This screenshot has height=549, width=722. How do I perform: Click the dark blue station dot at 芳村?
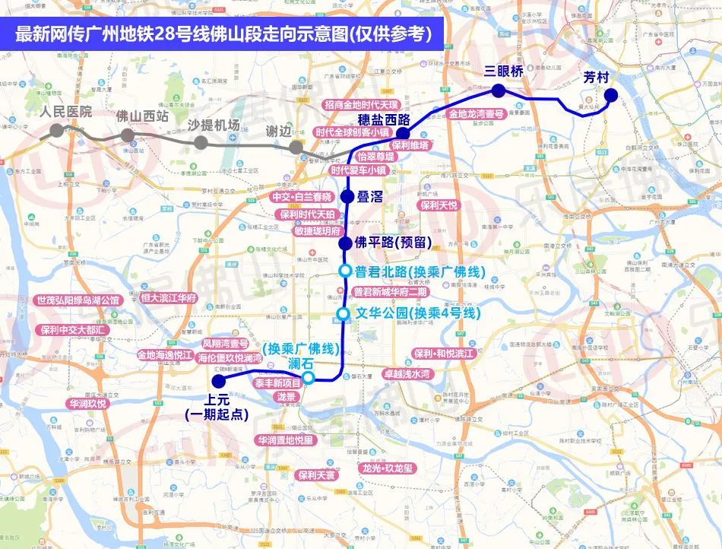pyautogui.click(x=611, y=95)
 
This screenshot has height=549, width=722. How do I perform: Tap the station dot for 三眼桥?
pyautogui.click(x=499, y=91)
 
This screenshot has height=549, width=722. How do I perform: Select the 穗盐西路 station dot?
pyautogui.click(x=404, y=133)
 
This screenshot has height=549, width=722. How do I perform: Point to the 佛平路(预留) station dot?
pyautogui.click(x=345, y=243)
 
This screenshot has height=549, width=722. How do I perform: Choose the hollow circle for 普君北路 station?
pyautogui.click(x=345, y=271)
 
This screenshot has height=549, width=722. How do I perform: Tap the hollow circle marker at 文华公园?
pyautogui.click(x=343, y=313)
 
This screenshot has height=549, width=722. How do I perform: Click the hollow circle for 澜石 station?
pyautogui.click(x=309, y=378)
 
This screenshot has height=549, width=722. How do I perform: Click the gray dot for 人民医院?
pyautogui.click(x=56, y=130)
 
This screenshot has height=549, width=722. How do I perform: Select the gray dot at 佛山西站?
pyautogui.click(x=128, y=135)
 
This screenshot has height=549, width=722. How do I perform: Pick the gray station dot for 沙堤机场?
pyautogui.click(x=201, y=143)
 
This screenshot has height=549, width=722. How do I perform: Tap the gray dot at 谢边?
pyautogui.click(x=296, y=148)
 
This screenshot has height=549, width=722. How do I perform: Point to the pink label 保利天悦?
pyautogui.click(x=439, y=205)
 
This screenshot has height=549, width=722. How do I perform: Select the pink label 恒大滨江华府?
pyautogui.click(x=169, y=298)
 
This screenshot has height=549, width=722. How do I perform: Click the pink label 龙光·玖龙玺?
pyautogui.click(x=388, y=468)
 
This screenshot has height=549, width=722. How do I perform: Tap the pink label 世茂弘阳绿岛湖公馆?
pyautogui.click(x=78, y=300)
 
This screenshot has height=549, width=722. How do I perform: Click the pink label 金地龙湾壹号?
pyautogui.click(x=476, y=114)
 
